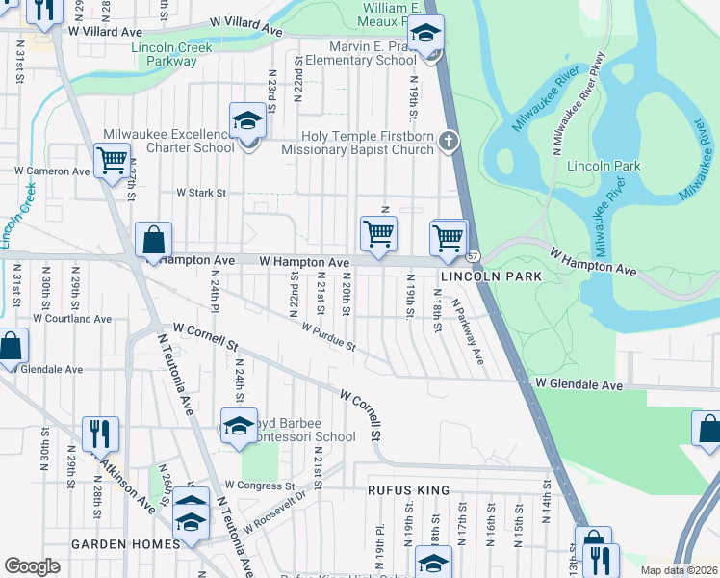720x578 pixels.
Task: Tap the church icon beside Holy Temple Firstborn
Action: click(447, 143)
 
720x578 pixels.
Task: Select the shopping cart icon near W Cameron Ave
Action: click(113, 160)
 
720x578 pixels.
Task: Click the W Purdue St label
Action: click(328, 338)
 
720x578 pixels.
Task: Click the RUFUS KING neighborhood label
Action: click(408, 490)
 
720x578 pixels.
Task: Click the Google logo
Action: click(32, 566)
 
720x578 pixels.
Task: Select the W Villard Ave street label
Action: click(105, 30)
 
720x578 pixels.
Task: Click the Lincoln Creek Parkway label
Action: click(149, 53)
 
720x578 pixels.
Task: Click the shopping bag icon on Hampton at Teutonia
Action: click(153, 241)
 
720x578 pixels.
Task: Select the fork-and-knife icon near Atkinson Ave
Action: click(100, 433)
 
